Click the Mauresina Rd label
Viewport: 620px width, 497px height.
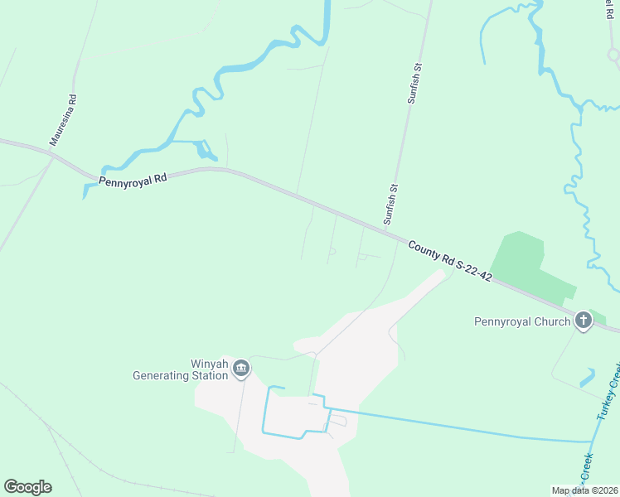click(63, 120)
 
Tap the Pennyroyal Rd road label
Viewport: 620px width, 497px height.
click(133, 180)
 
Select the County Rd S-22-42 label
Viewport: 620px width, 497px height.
click(451, 260)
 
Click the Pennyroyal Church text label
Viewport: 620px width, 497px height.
click(521, 321)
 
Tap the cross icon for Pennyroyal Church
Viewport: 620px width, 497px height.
click(583, 321)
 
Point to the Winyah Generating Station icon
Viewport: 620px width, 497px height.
click(241, 368)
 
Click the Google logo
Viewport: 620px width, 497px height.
click(27, 487)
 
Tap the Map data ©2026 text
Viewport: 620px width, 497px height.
click(584, 490)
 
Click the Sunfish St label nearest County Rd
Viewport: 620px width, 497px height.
click(390, 204)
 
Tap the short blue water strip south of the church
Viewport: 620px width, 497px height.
click(588, 378)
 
